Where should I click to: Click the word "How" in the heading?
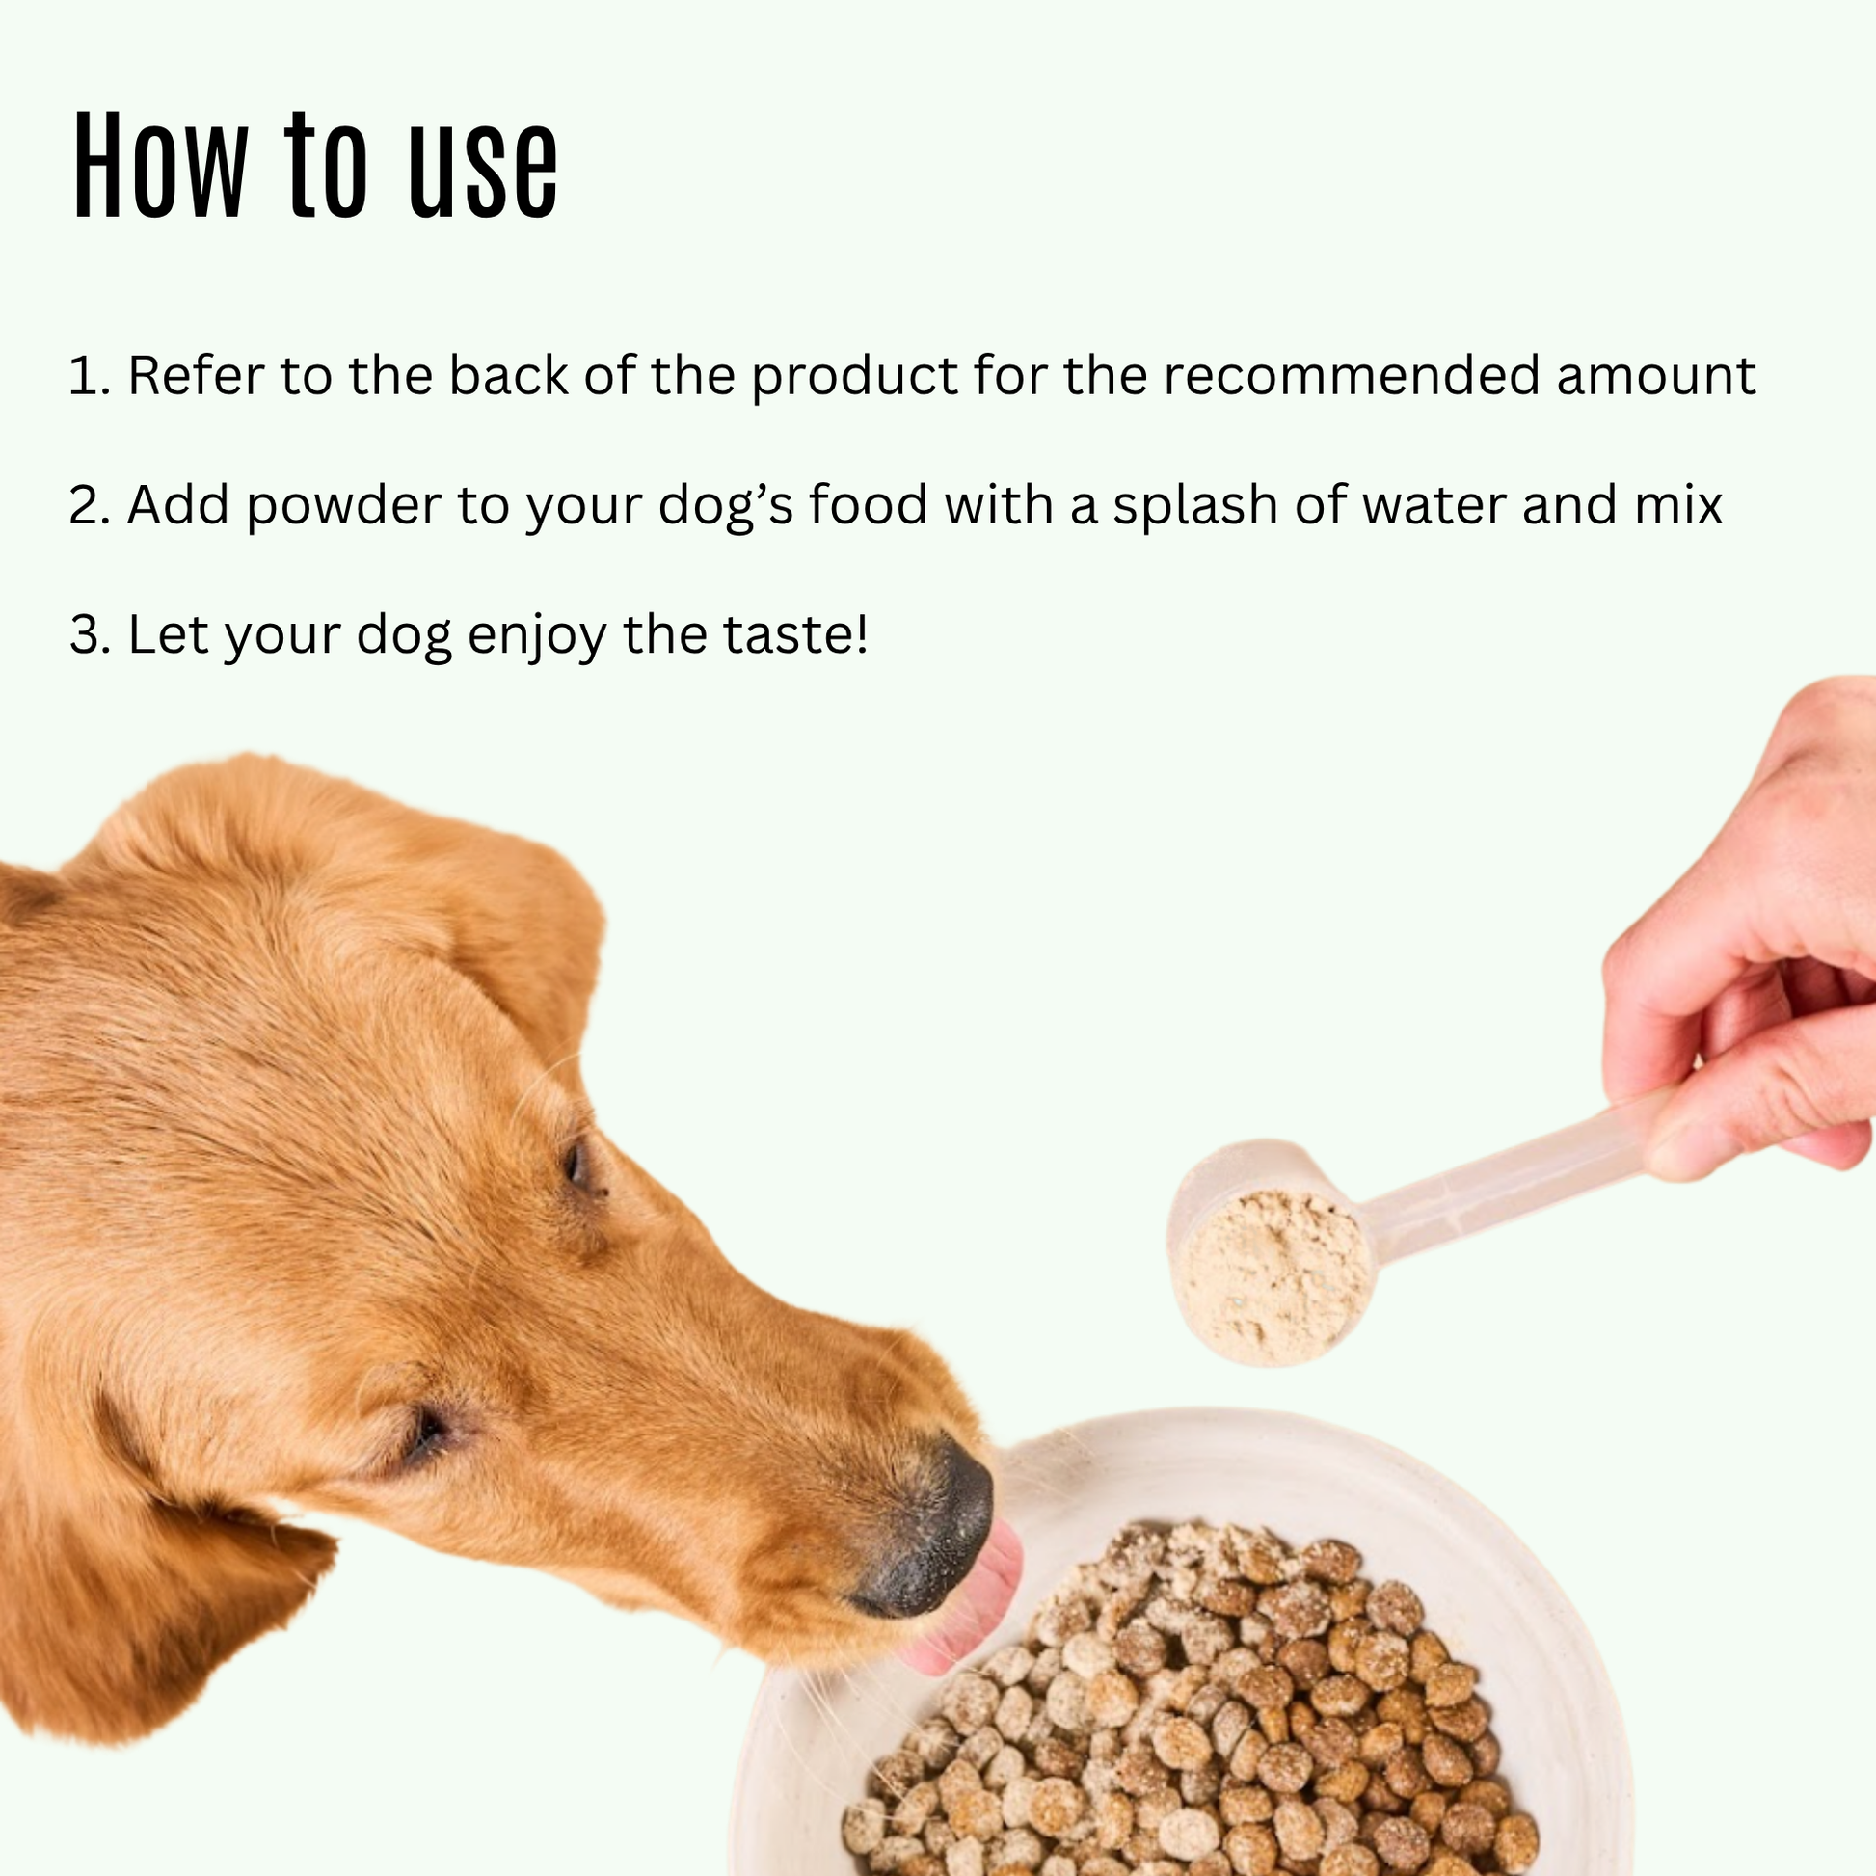(161, 167)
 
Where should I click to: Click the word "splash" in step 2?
(1194, 506)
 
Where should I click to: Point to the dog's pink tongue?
(980, 1593)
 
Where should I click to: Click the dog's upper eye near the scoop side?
(578, 1166)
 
